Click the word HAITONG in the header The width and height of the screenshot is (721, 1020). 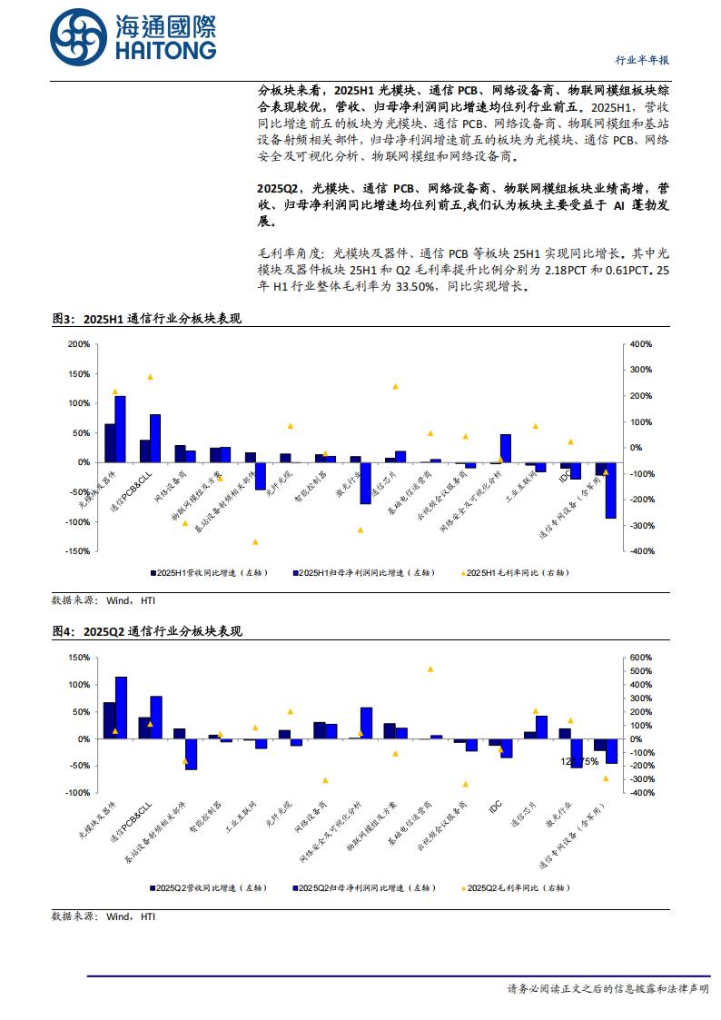[165, 51]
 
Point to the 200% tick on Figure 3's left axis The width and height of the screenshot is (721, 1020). [79, 344]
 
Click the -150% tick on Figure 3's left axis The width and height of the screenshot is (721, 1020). [77, 551]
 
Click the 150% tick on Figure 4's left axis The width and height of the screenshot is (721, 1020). [79, 658]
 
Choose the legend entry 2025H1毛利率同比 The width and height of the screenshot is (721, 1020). [515, 573]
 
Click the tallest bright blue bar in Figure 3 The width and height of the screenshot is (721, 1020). [120, 429]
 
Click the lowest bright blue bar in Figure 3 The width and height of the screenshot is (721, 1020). [611, 490]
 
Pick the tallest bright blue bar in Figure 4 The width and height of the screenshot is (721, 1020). [121, 708]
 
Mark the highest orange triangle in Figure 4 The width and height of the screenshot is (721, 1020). [430, 669]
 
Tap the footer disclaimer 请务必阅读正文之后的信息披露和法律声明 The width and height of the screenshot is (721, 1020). [607, 988]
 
